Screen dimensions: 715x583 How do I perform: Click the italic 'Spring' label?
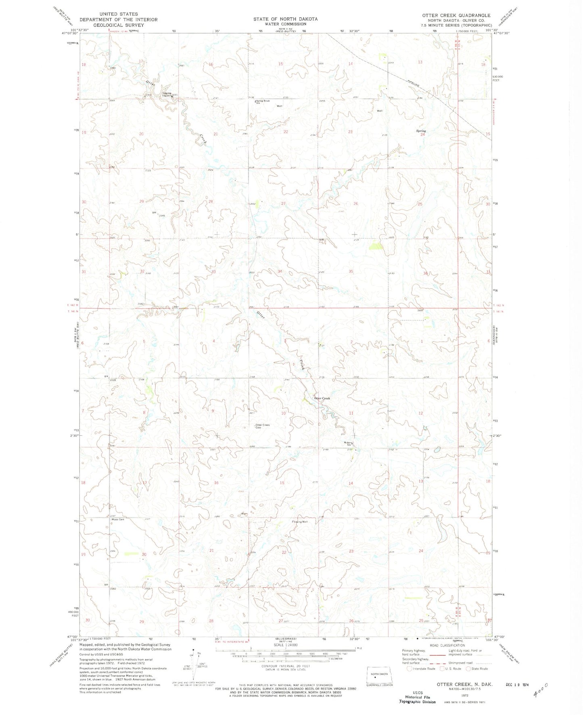pos(421,131)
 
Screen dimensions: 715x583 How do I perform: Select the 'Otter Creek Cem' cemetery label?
pos(262,426)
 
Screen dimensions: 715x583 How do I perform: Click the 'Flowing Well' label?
pos(300,522)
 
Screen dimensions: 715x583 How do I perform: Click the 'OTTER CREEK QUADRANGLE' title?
pos(456,15)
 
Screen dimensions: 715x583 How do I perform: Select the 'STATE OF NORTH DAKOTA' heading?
pos(285,19)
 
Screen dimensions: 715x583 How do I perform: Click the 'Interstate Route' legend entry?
pos(421,669)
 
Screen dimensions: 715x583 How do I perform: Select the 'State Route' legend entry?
pos(477,669)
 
